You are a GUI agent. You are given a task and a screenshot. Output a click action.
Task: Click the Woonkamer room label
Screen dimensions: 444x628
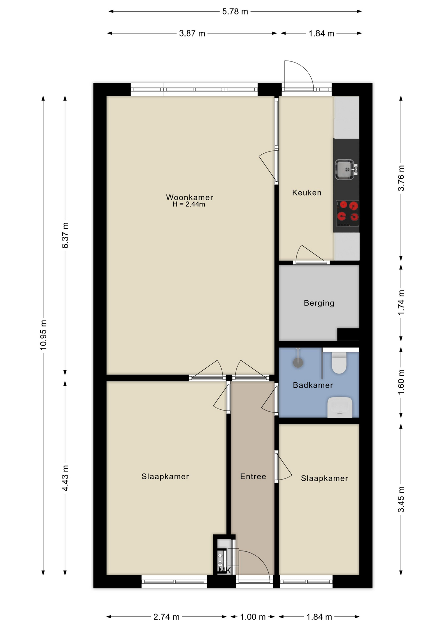pyautogui.click(x=189, y=197)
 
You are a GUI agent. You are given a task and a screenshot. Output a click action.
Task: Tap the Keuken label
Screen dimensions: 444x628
pyautogui.click(x=307, y=193)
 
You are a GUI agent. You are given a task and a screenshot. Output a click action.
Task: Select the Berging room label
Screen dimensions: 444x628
pyautogui.click(x=319, y=303)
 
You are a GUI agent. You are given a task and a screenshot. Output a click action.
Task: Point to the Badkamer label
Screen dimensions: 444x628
pyautogui.click(x=313, y=385)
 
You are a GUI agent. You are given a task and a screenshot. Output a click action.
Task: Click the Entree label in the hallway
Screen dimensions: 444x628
pyautogui.click(x=253, y=477)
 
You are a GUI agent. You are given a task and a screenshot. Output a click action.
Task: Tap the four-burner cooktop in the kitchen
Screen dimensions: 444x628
pyautogui.click(x=348, y=213)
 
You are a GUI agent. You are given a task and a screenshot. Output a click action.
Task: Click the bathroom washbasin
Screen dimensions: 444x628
pyautogui.click(x=340, y=407)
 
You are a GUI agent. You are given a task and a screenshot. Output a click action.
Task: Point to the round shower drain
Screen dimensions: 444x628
pyautogui.click(x=298, y=362)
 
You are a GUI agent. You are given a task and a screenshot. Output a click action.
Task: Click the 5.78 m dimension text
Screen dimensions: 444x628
pyautogui.click(x=235, y=12)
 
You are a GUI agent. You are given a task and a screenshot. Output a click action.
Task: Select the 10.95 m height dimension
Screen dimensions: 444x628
pyautogui.click(x=43, y=335)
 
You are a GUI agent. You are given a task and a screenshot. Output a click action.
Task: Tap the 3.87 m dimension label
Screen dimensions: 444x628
pyautogui.click(x=192, y=33)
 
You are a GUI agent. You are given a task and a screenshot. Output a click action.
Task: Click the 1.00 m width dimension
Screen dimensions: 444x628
pyautogui.click(x=253, y=617)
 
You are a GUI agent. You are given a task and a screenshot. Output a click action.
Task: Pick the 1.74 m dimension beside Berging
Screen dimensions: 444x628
pyautogui.click(x=401, y=302)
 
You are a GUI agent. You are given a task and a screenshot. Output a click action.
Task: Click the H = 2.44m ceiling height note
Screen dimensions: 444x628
pyautogui.click(x=189, y=204)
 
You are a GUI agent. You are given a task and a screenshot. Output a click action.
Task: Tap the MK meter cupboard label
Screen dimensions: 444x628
pyautogui.click(x=225, y=570)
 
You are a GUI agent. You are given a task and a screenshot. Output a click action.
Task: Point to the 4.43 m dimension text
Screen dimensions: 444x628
pyautogui.click(x=65, y=478)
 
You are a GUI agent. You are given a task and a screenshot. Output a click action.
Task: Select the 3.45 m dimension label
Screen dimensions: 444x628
pyautogui.click(x=401, y=499)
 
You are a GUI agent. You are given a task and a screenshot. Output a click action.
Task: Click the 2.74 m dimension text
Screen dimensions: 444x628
pyautogui.click(x=166, y=617)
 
